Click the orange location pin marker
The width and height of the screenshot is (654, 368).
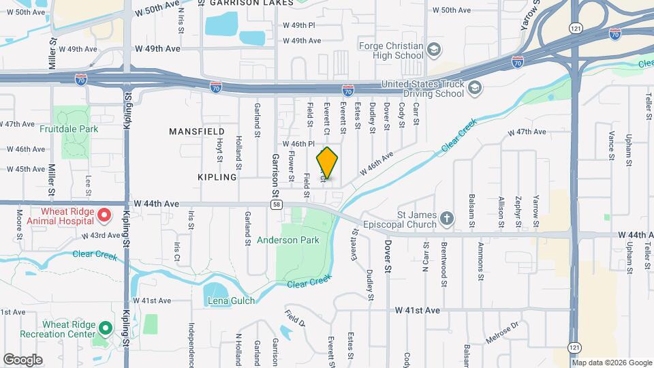pos(328,163)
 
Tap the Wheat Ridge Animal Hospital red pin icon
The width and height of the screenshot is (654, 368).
pos(104,216)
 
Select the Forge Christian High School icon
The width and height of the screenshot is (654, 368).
pos(434,50)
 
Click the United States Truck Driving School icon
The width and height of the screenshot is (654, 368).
pos(475,89)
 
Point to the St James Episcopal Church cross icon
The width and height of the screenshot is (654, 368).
pos(446,219)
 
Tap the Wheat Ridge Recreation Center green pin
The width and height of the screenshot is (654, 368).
pos(105,329)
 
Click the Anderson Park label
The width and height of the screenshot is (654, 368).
pos(288,240)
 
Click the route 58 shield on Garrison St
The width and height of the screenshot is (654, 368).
pos(276,204)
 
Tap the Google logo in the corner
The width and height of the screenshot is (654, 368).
pos(22,359)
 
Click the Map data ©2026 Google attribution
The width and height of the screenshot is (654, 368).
pos(612,363)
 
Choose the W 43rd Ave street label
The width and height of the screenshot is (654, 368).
pos(101,236)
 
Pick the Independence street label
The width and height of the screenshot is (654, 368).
pos(192,344)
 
